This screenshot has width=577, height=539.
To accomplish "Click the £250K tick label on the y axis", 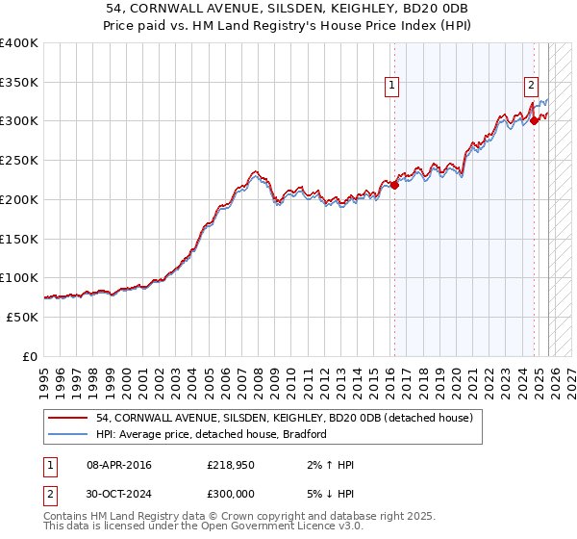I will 19,161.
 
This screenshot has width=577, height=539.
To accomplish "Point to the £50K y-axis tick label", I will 22,317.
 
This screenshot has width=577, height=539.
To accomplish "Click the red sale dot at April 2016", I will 394,185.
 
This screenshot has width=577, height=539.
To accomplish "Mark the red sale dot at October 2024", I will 535,120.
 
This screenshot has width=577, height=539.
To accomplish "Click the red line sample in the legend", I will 67,419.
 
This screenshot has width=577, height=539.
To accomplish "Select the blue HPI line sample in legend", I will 67,434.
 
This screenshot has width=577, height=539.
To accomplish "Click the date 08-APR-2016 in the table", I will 118,465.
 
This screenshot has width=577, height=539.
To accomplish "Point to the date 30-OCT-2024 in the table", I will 118,494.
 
